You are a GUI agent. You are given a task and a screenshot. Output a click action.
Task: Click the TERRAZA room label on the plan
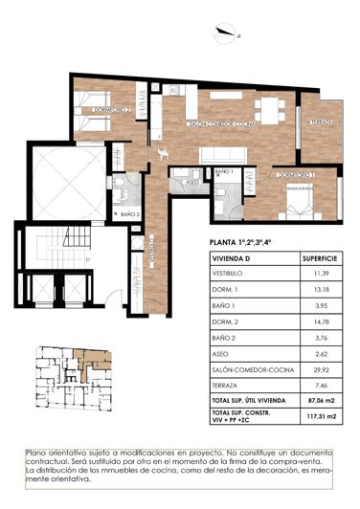[321, 123]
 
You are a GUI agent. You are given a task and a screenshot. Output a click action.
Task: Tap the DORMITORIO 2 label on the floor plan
[111, 111]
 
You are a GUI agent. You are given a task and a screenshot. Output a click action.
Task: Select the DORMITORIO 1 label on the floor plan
[295, 176]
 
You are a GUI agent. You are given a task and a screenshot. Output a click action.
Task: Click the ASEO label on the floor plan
[190, 180]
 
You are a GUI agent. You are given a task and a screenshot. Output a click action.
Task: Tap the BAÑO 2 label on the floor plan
[130, 214]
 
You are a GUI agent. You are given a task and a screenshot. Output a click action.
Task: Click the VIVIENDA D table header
[233, 258]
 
